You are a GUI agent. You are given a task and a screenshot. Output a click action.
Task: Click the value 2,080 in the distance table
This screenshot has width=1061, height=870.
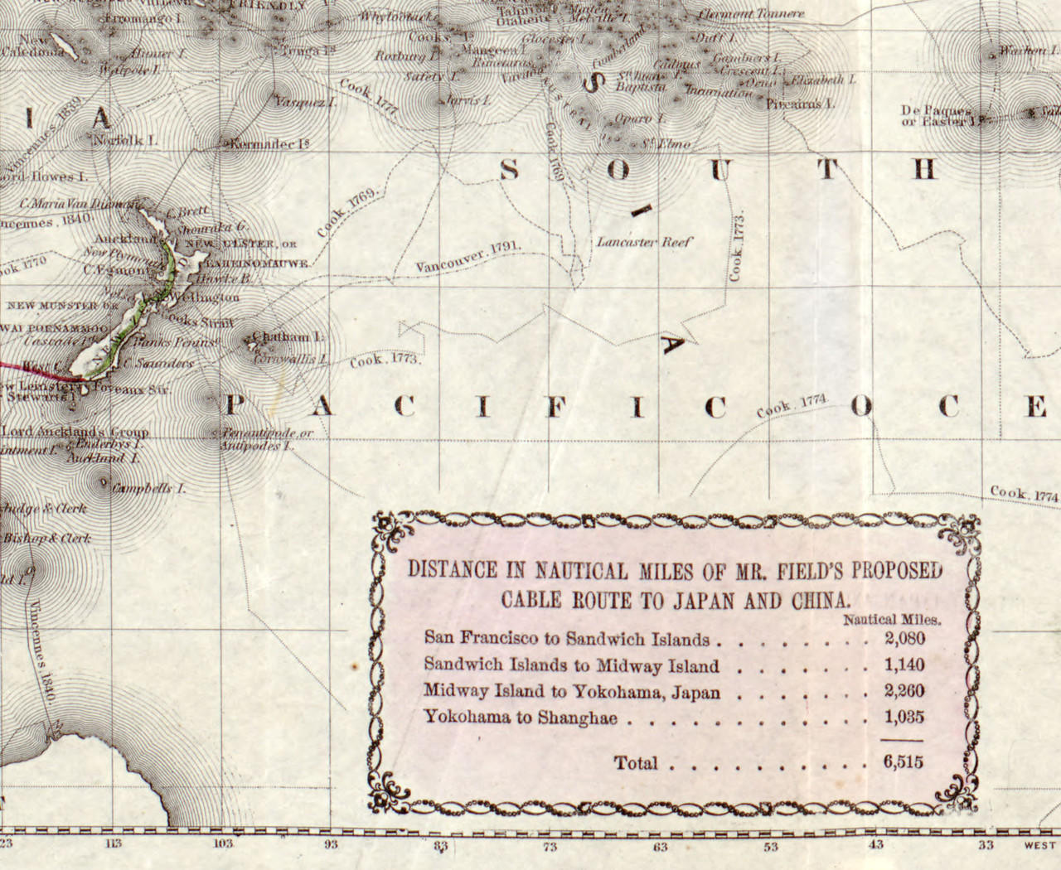[x=904, y=639]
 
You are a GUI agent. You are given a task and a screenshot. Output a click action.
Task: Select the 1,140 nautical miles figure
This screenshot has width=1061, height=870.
[x=904, y=665]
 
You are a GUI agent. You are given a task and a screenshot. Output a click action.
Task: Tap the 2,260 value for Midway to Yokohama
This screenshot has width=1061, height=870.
[x=904, y=692]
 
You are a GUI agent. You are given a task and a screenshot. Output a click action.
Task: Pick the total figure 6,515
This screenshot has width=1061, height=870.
[x=904, y=763]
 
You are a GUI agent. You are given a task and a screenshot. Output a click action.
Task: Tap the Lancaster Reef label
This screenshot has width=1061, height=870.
[x=643, y=243]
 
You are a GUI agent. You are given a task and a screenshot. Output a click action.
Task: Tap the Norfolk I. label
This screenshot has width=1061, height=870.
[x=125, y=140]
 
